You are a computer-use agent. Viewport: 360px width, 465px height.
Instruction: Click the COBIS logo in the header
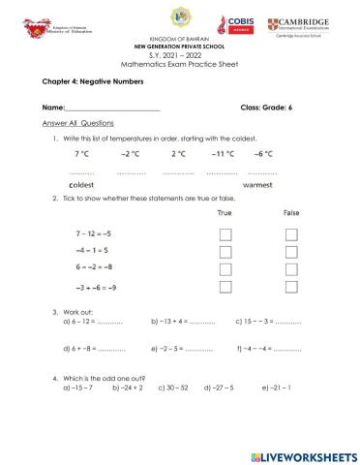pos(237,26)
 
